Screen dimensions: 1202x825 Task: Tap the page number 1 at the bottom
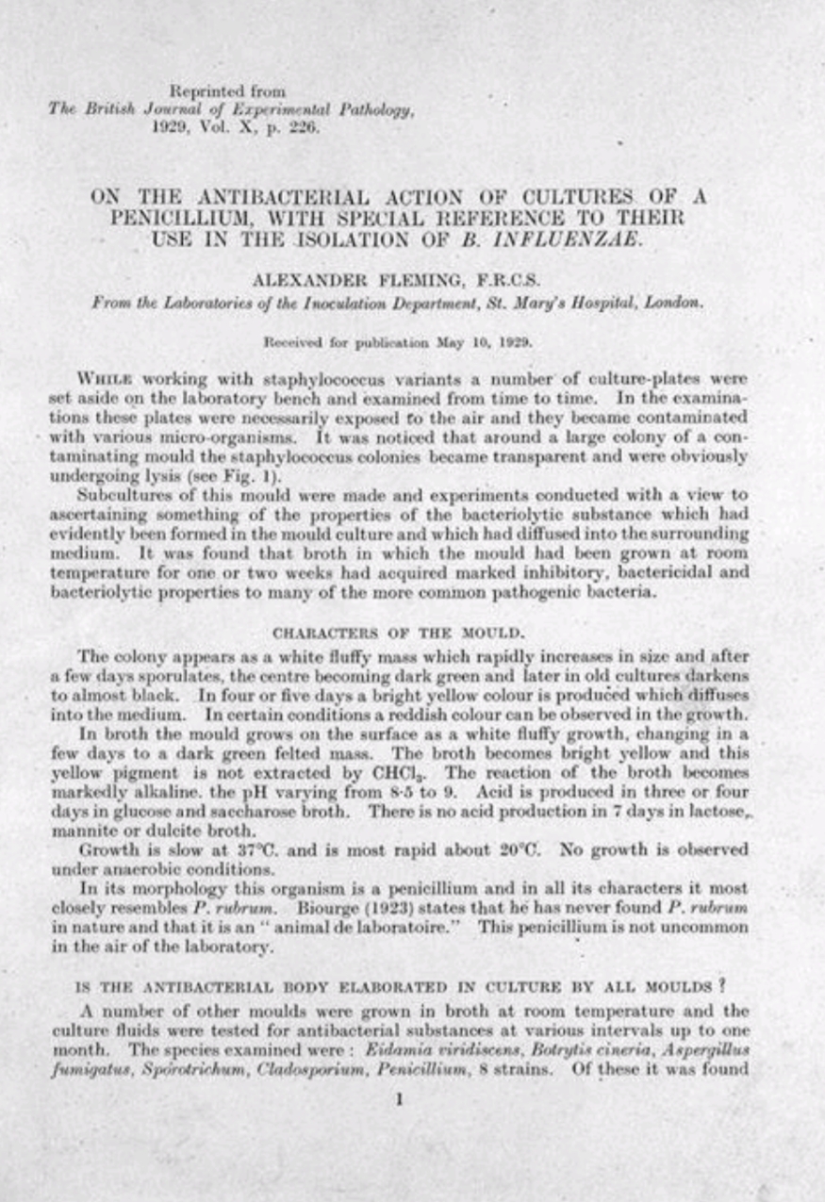pos(400,1098)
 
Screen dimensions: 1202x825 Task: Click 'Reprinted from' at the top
pos(221,91)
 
